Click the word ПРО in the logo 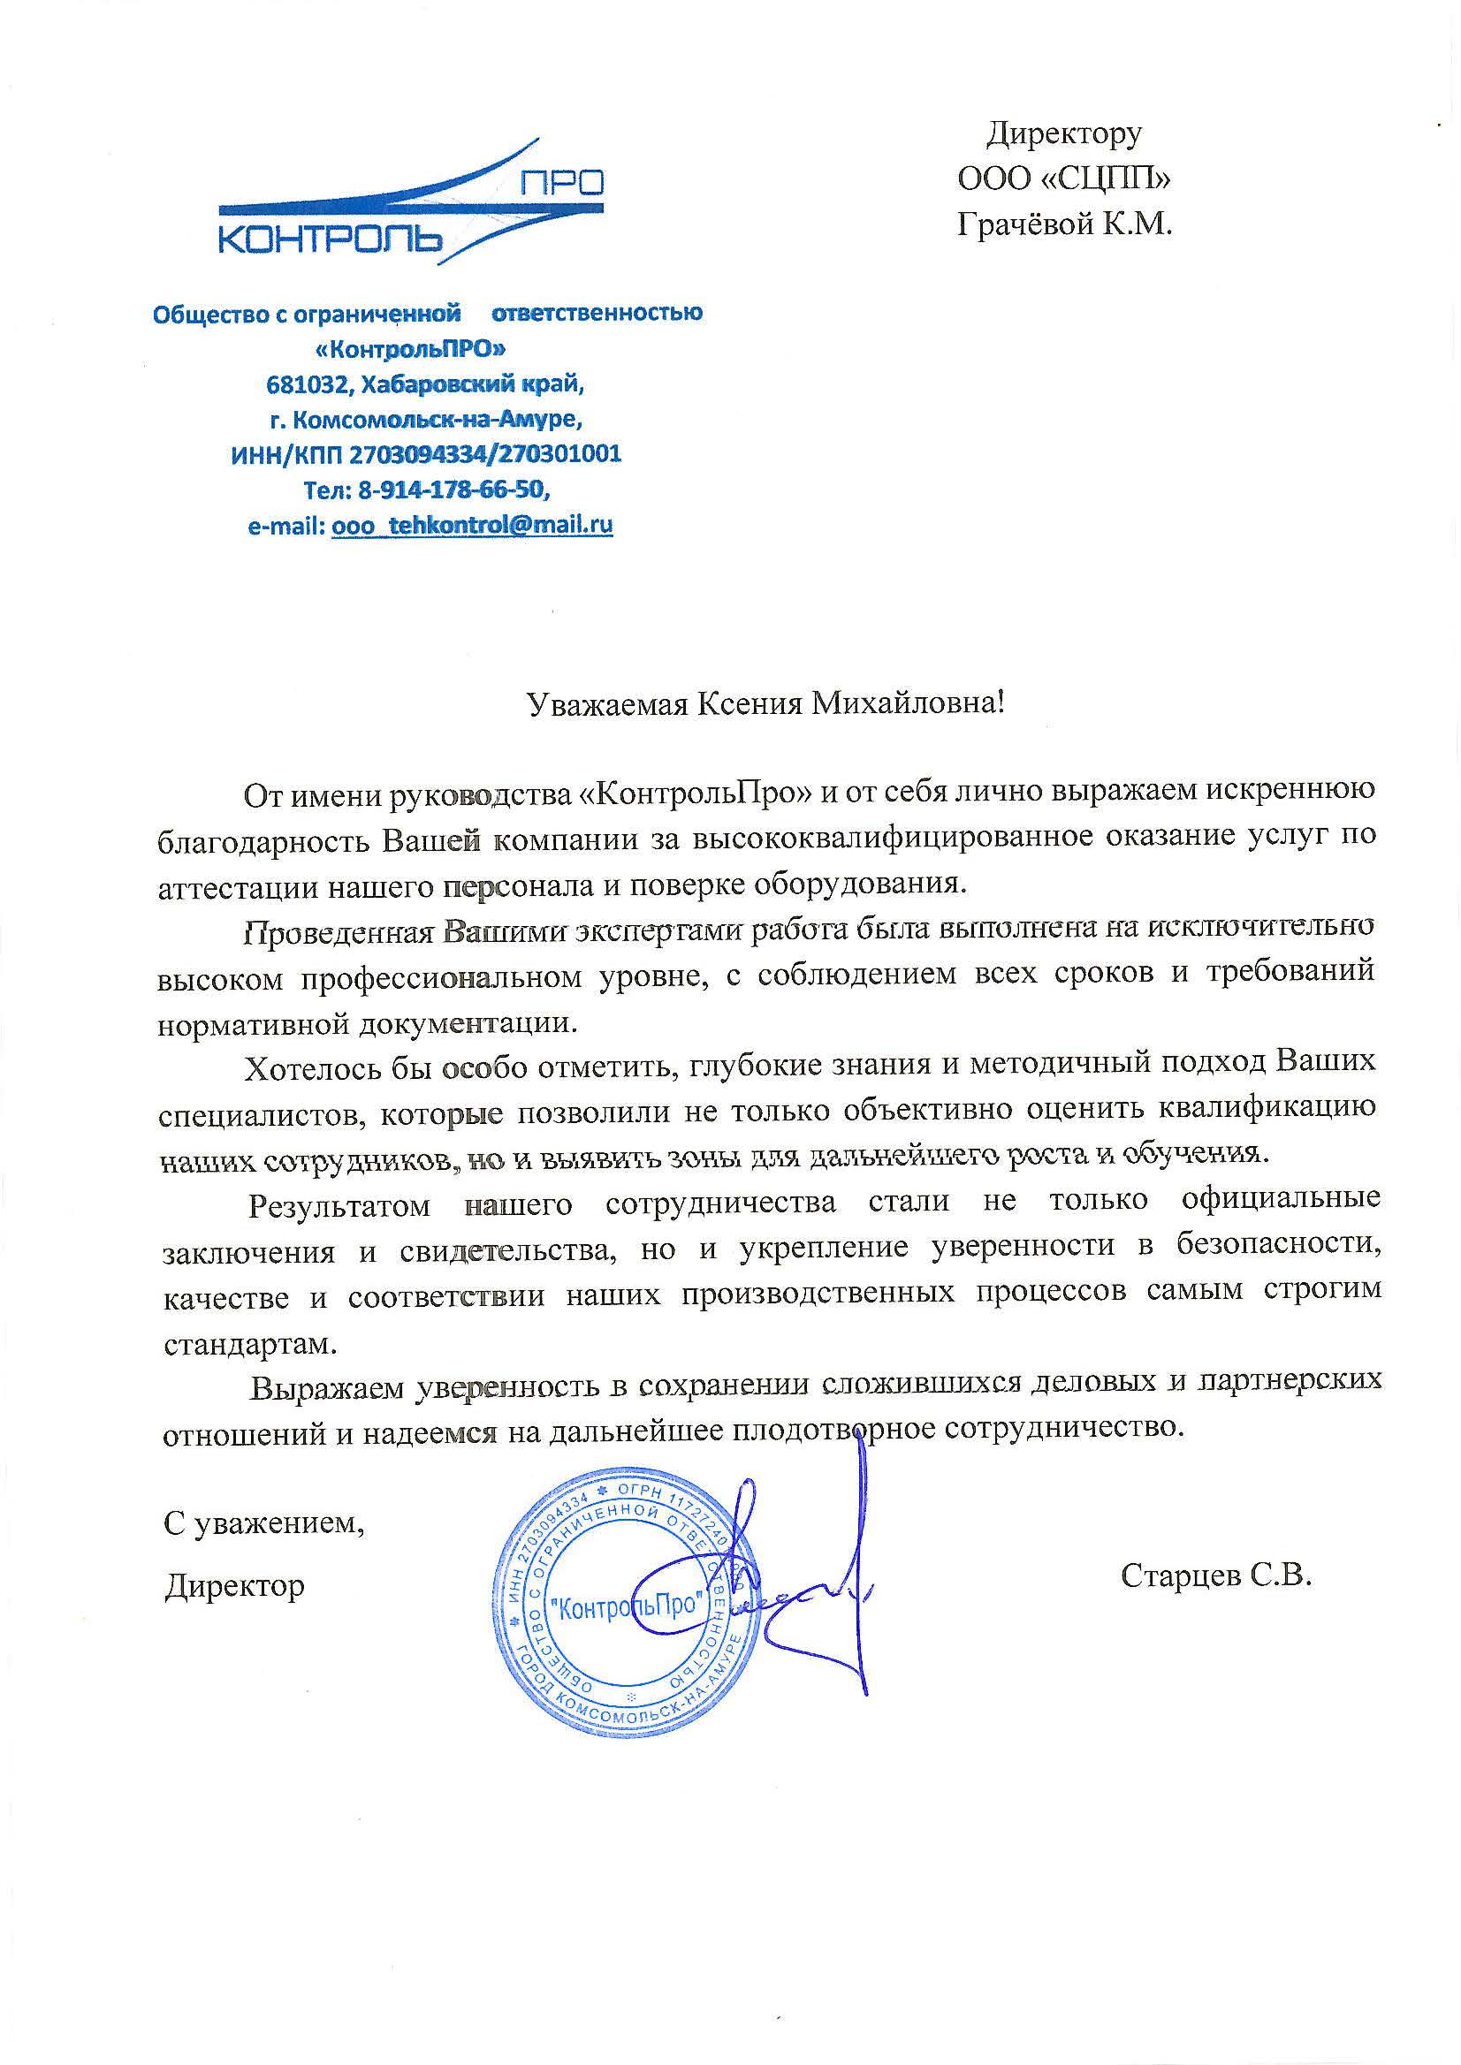point(561,183)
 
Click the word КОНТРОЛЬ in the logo point(332,239)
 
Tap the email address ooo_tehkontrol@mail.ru point(472,525)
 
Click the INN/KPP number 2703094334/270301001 point(485,453)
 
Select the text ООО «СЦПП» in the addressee point(1064,179)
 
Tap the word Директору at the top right point(1064,133)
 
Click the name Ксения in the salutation point(750,703)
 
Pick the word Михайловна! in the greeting point(908,703)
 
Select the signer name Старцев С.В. point(1216,1575)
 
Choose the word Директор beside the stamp point(235,1585)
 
